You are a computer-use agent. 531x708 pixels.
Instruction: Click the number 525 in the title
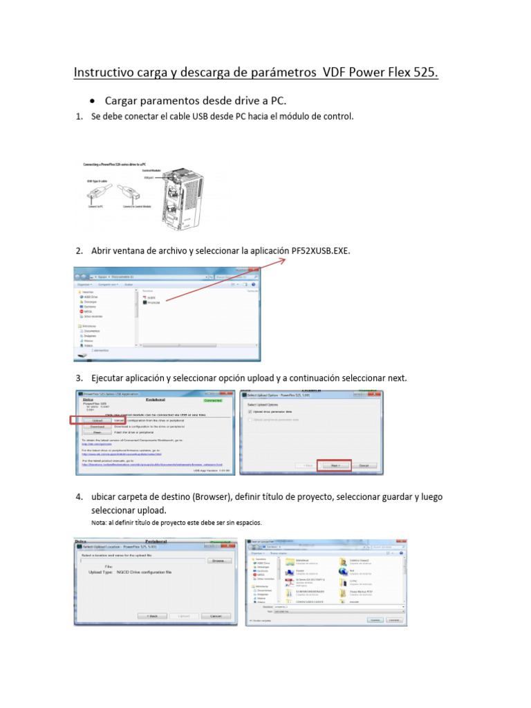click(x=422, y=73)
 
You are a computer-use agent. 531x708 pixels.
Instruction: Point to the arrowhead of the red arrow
click(x=286, y=260)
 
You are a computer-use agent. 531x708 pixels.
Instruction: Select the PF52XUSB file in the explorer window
click(x=151, y=302)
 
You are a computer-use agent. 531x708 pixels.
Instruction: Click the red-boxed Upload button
click(x=97, y=420)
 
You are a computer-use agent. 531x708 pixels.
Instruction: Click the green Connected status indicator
click(x=213, y=400)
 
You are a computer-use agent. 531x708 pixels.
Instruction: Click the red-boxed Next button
click(x=334, y=466)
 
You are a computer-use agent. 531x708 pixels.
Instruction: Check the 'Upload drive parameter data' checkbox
click(x=248, y=412)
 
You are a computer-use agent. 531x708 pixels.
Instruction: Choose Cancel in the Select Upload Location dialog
click(x=215, y=615)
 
